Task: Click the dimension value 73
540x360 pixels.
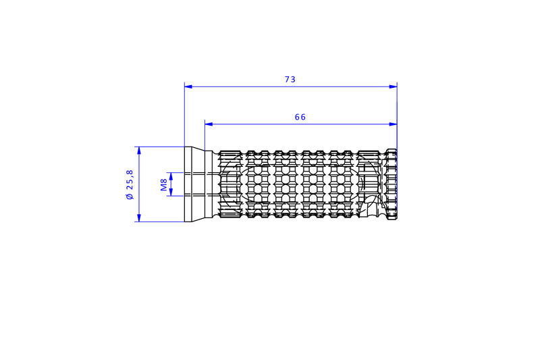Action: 290,79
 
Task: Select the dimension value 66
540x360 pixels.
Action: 300,117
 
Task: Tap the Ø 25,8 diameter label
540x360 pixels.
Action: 130,184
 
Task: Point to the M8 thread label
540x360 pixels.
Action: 164,184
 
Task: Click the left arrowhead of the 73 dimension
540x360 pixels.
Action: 188,86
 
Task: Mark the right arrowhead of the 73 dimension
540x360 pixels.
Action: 394,86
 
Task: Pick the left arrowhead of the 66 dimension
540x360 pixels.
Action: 209,124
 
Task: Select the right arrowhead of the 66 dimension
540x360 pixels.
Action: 394,124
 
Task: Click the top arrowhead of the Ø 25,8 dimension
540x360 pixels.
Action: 139,151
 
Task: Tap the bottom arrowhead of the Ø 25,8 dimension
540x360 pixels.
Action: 139,217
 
